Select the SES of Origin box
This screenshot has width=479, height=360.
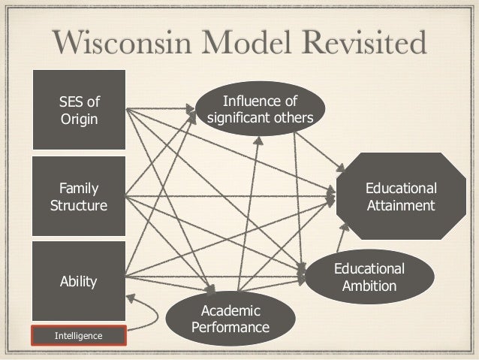(x=78, y=109)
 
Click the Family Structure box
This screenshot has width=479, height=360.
(x=78, y=196)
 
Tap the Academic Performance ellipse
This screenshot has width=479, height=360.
(x=231, y=319)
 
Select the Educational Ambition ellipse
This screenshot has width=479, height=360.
(x=369, y=277)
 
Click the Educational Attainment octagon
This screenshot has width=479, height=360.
(x=399, y=195)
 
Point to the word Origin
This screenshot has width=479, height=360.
(x=79, y=119)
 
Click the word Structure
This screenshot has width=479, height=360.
(x=79, y=205)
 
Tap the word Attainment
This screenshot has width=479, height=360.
(x=399, y=204)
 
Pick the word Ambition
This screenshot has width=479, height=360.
(x=369, y=286)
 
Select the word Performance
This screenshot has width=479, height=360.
(x=231, y=328)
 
